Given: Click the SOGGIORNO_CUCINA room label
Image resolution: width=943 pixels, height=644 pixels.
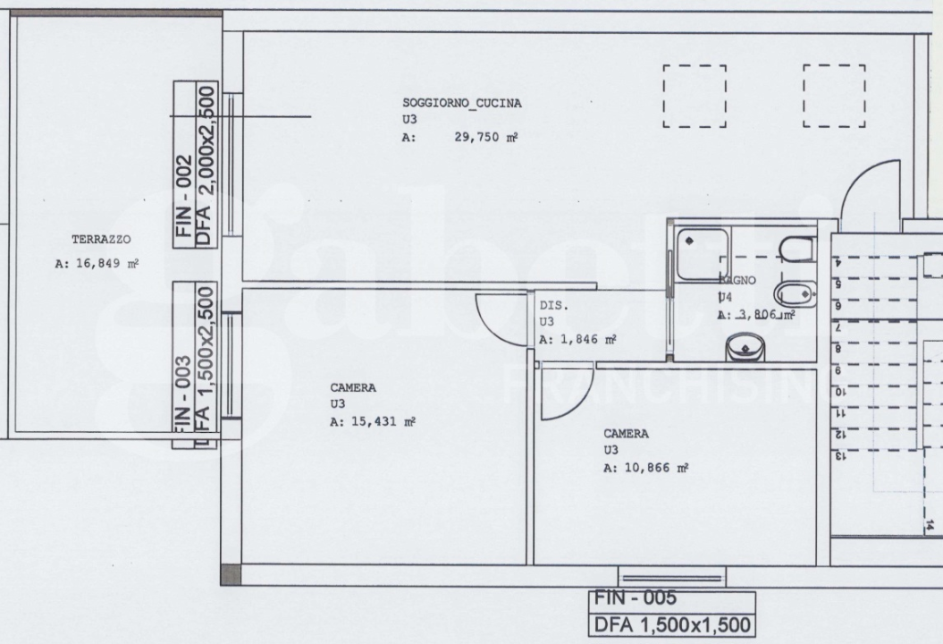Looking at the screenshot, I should [x=461, y=103].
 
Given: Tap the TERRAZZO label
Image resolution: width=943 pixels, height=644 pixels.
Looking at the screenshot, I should [x=101, y=241].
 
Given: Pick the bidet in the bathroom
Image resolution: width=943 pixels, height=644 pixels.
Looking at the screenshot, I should [x=792, y=292].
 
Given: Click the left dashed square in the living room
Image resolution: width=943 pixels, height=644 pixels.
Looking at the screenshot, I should [x=695, y=95].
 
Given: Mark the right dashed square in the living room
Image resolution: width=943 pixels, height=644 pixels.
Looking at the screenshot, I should [x=834, y=95].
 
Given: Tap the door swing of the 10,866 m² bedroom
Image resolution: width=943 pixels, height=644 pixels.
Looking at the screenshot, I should [x=559, y=396].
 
